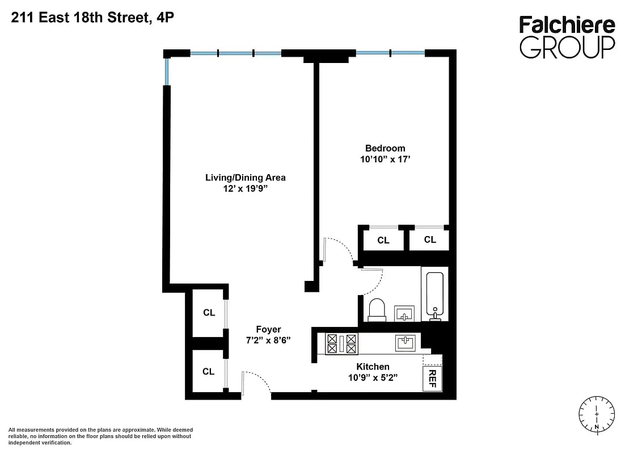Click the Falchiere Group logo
tap(567, 37)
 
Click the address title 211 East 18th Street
tap(92, 18)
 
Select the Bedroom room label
tap(385, 148)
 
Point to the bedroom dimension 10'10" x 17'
tap(385, 159)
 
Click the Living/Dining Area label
tap(245, 178)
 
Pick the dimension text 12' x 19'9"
tap(245, 189)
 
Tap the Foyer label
tap(268, 329)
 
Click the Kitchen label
tap(373, 367)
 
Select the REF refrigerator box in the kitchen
tap(432, 378)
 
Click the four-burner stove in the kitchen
tap(341, 343)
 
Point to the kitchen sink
tap(406, 343)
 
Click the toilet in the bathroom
tap(377, 310)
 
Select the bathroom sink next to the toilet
tap(404, 313)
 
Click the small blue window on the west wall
tap(167, 72)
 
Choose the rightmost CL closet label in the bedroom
tap(430, 239)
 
